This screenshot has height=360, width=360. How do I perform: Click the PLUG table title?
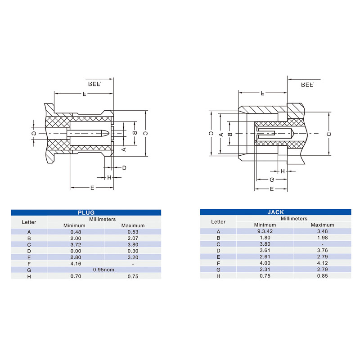pyautogui.click(x=86, y=212)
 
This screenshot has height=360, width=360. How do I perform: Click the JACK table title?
pyautogui.click(x=275, y=212)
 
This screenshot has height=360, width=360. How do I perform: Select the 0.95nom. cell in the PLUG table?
pyautogui.click(x=104, y=270)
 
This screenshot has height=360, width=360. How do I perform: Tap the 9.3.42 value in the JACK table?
pyautogui.click(x=265, y=231)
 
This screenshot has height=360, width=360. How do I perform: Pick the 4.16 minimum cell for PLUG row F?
pyautogui.click(x=76, y=264)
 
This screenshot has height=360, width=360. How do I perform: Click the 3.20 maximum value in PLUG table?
pyautogui.click(x=133, y=257)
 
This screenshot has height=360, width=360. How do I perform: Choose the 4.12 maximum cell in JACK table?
pyautogui.click(x=322, y=263)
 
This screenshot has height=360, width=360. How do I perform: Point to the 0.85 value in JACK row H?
pyautogui.click(x=322, y=276)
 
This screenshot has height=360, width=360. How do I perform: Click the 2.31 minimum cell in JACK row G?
pyautogui.click(x=265, y=269)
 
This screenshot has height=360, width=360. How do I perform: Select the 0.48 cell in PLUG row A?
pyautogui.click(x=76, y=232)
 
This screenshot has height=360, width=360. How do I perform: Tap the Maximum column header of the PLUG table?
pyautogui.click(x=133, y=225)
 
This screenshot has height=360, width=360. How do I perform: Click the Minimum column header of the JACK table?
pyautogui.click(x=265, y=225)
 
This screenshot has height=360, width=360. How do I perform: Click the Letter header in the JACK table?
pyautogui.click(x=218, y=221)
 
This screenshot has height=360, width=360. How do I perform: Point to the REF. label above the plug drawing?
pyautogui.click(x=95, y=84)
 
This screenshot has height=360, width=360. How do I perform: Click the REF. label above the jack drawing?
pyautogui.click(x=307, y=85)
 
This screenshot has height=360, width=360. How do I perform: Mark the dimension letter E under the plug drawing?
pyautogui.click(x=92, y=188)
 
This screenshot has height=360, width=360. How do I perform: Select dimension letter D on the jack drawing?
pyautogui.click(x=329, y=134)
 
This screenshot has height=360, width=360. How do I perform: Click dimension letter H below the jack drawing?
pyautogui.click(x=283, y=171)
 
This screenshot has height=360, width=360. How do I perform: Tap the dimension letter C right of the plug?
pyautogui.click(x=145, y=133)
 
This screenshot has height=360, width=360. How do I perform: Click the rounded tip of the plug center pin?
pyautogui.click(x=108, y=133)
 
